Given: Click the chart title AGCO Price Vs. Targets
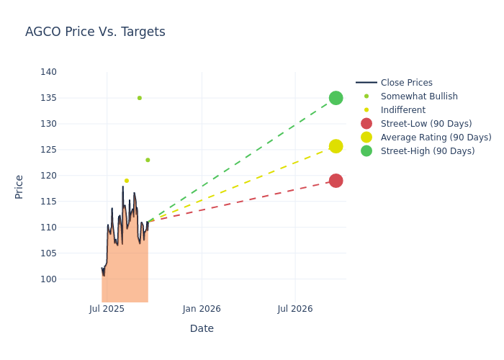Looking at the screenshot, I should tap(95, 32).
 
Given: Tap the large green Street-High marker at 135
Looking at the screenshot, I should tap(336, 98).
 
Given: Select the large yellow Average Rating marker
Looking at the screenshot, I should tap(336, 146).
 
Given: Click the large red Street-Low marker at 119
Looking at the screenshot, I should tap(336, 181).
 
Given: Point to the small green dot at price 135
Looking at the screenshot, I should tap(140, 98).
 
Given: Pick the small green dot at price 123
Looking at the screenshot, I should tap(148, 160).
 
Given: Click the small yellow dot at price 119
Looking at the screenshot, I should tap(127, 181).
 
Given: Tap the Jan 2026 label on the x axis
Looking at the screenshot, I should tap(202, 309).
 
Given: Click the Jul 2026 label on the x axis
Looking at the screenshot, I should tap(295, 309).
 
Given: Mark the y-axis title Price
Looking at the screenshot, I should tap(19, 186).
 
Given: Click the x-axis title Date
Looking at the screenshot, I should tap(202, 328).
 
